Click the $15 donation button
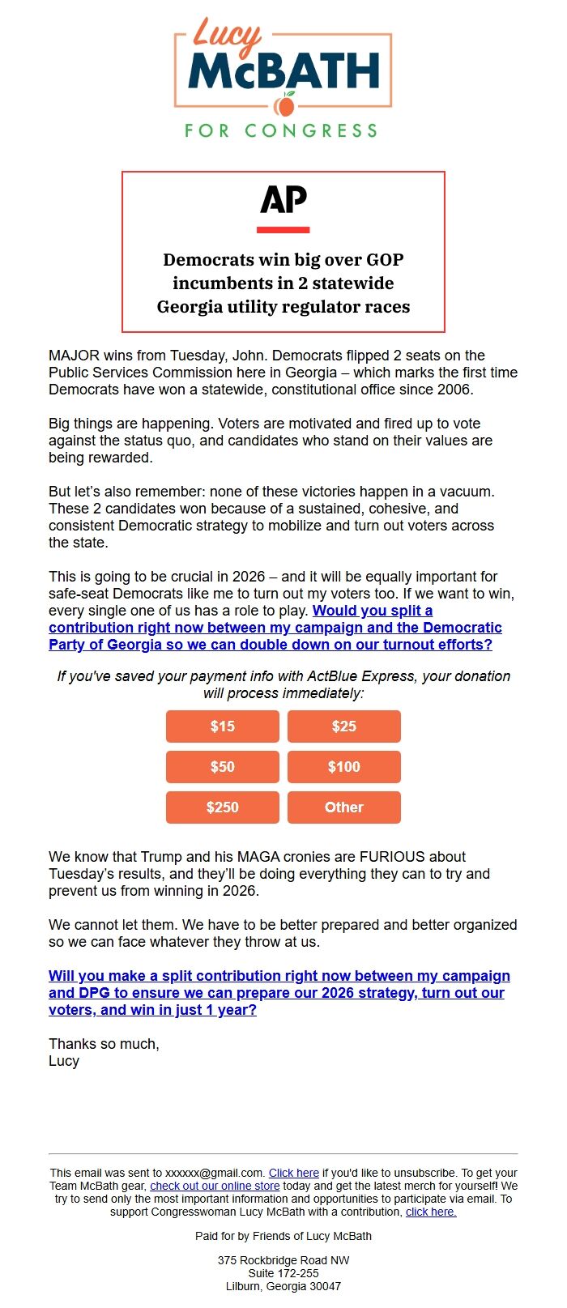(223, 726)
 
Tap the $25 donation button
(344, 726)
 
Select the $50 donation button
(223, 767)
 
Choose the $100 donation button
(344, 767)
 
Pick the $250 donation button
(223, 807)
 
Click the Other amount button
(344, 807)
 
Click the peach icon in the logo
(284, 105)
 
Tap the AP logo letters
(283, 199)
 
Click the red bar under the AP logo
(283, 230)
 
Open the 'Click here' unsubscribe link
(293, 1173)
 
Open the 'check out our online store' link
(215, 1186)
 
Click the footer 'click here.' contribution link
(431, 1212)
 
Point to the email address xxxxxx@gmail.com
(215, 1173)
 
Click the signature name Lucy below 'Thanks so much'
(64, 1061)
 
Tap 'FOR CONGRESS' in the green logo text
(281, 130)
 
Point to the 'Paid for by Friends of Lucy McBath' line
(283, 1236)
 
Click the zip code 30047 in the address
(325, 1286)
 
